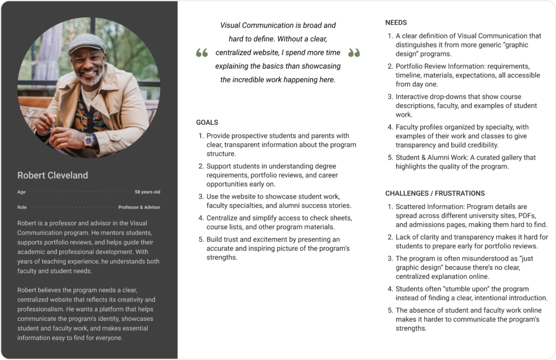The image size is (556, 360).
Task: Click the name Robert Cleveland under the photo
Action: click(52, 175)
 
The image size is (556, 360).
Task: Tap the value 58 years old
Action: click(147, 192)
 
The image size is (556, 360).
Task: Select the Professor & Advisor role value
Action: click(139, 207)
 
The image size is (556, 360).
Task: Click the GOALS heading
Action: click(207, 123)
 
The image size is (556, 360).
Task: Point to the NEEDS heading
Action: click(396, 23)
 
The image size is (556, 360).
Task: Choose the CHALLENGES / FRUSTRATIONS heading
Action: click(435, 193)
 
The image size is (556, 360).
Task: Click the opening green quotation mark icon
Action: click(202, 53)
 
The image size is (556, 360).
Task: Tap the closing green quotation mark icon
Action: click(354, 53)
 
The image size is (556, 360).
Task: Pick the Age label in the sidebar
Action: click(21, 192)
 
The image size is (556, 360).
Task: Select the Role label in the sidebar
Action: click(22, 207)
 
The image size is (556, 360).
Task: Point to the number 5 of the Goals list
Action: click(200, 239)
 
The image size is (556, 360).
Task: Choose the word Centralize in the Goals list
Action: click(223, 218)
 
